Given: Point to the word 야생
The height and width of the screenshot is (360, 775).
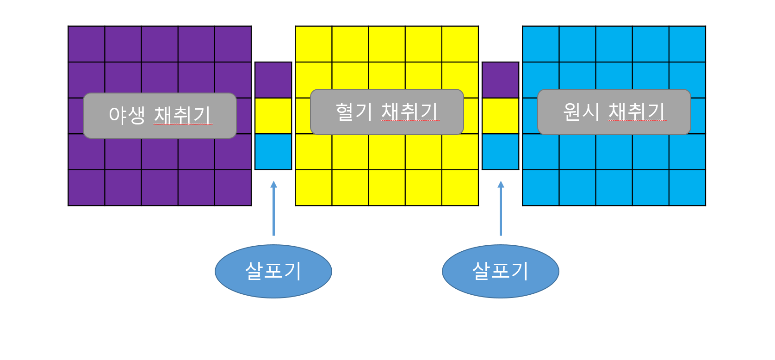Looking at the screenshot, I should tap(126, 115).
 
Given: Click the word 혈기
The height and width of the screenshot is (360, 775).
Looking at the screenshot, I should tap(353, 112).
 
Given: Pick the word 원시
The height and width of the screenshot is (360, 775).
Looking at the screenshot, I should tap(581, 112).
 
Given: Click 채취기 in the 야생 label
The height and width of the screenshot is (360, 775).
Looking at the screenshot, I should tap(182, 115).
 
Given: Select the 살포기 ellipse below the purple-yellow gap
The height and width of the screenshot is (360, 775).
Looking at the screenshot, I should tap(273, 271).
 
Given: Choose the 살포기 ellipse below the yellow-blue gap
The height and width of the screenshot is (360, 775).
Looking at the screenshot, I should tap(501, 271).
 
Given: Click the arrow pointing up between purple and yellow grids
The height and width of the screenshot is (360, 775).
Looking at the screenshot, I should tap(273, 208).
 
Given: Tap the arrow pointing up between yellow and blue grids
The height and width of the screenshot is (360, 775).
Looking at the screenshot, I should tap(501, 208).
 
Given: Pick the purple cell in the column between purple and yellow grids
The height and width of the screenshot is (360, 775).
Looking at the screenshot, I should tap(273, 80).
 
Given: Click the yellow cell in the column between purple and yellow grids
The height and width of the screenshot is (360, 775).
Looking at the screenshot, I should tap(273, 116).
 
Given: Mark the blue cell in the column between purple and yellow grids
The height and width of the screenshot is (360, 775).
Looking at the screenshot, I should tap(273, 152).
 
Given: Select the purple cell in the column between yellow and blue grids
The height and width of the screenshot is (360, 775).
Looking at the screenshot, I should tap(501, 80).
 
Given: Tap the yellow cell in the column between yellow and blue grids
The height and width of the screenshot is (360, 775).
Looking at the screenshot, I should tap(501, 116).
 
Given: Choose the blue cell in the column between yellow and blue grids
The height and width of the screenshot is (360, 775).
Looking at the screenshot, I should tap(501, 152).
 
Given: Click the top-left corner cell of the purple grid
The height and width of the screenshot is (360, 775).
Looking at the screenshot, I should tap(87, 44).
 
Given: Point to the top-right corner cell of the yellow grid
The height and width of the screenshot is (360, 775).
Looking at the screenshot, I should tap(460, 44).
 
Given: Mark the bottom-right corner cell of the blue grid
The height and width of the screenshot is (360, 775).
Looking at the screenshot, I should tap(688, 188).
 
